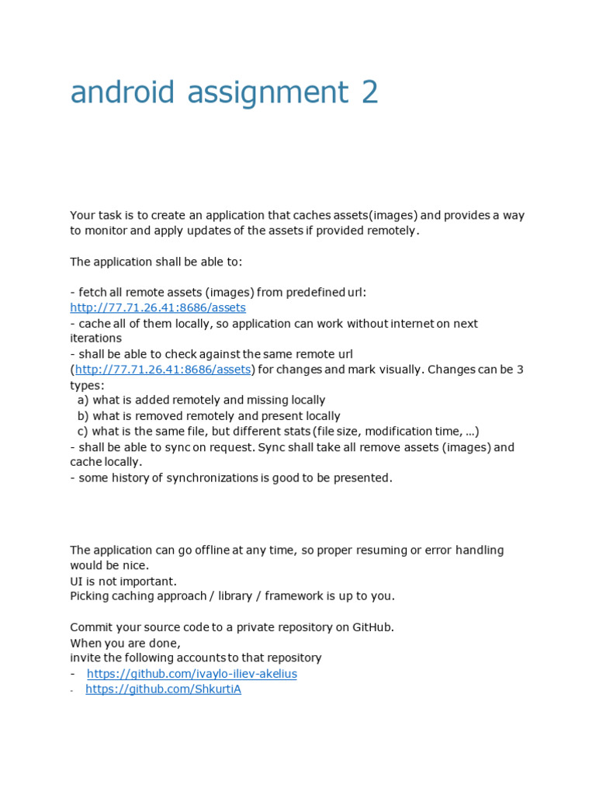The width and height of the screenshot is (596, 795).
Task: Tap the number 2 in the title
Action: coord(369,92)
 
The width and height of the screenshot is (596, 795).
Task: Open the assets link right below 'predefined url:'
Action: coord(158,307)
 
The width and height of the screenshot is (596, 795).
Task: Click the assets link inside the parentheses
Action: coord(163,370)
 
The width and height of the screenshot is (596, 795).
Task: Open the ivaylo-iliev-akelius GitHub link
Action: coord(192,674)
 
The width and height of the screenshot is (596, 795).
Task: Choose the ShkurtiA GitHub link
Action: coord(163,689)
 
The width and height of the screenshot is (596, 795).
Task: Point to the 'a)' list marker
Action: coord(83,401)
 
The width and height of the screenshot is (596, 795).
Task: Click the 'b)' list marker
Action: coord(83,416)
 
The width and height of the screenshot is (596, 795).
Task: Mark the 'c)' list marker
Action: coord(83,432)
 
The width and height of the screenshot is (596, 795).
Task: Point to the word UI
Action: coord(77,581)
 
